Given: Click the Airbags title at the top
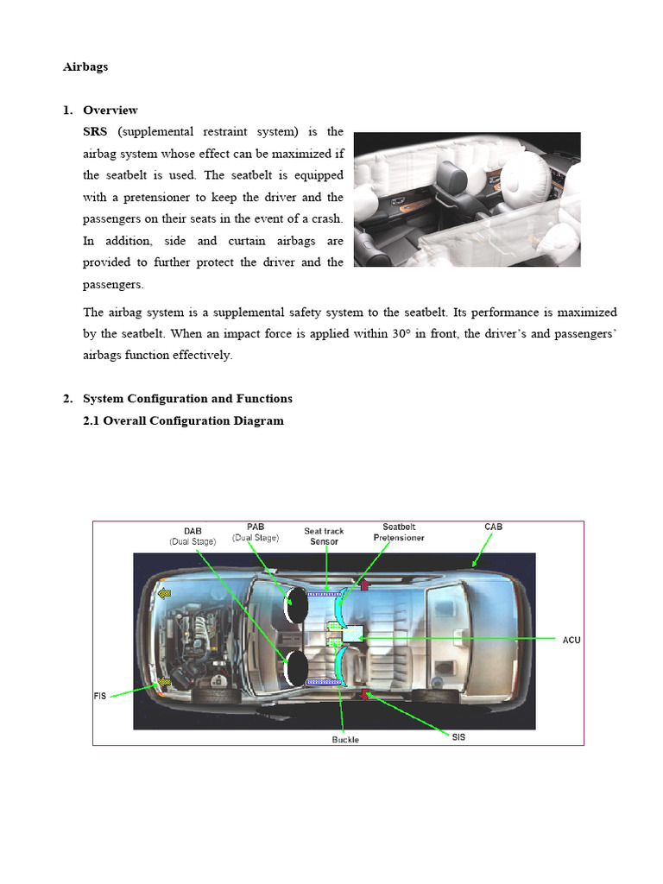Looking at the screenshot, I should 85,66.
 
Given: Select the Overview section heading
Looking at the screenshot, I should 110,110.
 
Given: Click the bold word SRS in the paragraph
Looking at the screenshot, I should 95,131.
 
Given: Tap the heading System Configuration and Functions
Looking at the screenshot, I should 187,398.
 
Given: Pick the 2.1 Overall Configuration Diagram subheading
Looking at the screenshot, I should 183,420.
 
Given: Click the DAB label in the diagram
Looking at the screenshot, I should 193,530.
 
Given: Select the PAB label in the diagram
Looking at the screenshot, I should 255,527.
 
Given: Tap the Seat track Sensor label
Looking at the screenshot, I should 324,536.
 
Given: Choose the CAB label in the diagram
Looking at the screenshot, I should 493,527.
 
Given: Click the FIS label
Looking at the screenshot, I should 99,696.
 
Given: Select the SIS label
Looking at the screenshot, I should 458,736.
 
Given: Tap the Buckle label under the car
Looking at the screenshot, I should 345,740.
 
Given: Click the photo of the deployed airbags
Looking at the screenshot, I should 467,199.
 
